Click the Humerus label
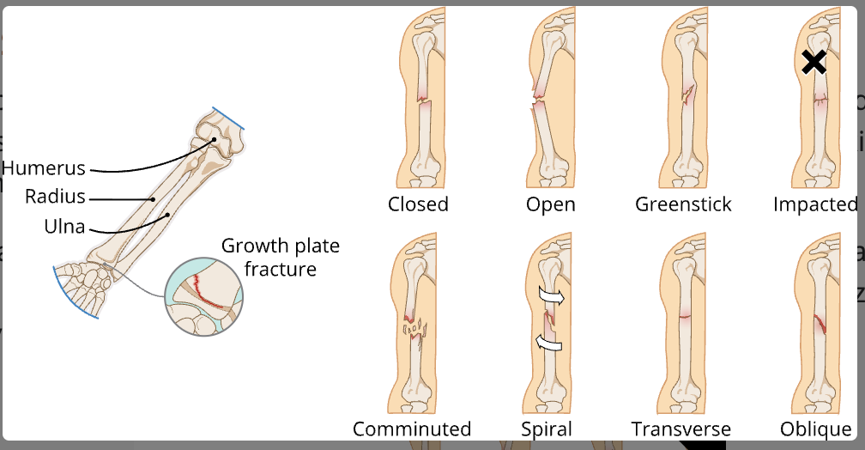point(44,167)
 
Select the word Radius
point(55,197)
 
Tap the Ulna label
point(64,227)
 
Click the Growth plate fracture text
point(281,258)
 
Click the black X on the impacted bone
point(814,62)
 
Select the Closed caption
point(418,204)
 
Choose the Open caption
point(550,204)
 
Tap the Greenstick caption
point(683,204)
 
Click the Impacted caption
point(814,204)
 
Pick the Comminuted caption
point(412,429)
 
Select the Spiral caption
point(547,429)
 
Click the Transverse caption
point(681,429)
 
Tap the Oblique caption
point(815,429)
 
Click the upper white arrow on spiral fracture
point(553,296)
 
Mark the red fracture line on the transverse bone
point(684,316)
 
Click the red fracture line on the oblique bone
point(820,324)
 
